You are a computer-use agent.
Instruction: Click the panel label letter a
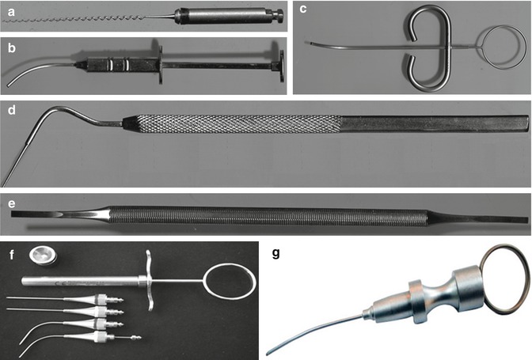pos(12,13)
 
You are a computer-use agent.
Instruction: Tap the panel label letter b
pos(12,48)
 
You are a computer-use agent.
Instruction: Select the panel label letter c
pos(303,9)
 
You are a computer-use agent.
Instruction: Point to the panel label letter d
pos(12,110)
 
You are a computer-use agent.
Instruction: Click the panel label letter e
pos(12,203)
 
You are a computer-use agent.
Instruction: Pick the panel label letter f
pos(12,253)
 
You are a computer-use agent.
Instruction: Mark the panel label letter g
pos(275,253)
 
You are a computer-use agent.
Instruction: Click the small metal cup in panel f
pos(43,256)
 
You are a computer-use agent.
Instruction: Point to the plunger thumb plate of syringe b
pos(282,66)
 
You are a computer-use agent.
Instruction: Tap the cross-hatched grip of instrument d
pos(237,123)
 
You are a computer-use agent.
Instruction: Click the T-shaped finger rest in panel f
pos(149,281)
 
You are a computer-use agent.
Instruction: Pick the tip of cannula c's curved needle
pos(306,43)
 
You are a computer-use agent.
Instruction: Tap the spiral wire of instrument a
pos(74,19)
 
